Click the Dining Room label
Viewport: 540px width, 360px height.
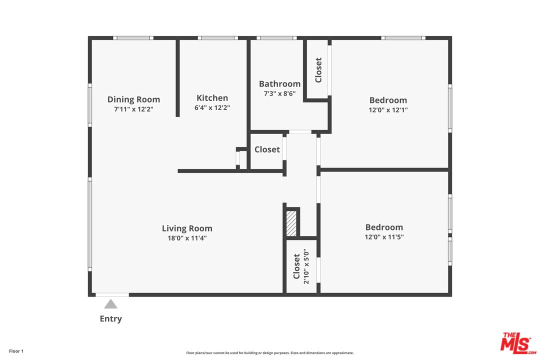(x=133, y=99)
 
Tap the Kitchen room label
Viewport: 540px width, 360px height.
(x=212, y=98)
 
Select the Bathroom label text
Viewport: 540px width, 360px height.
(x=279, y=84)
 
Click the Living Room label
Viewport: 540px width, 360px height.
(x=187, y=228)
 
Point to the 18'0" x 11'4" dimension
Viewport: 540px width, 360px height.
(x=187, y=238)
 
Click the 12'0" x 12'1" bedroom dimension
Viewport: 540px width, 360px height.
(x=388, y=110)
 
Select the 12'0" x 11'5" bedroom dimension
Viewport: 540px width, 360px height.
(x=384, y=237)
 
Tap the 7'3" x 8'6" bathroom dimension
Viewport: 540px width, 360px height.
(x=279, y=93)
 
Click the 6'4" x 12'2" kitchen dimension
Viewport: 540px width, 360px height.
(x=212, y=107)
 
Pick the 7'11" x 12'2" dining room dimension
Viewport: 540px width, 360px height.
(x=133, y=109)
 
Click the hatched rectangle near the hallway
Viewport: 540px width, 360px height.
(x=291, y=223)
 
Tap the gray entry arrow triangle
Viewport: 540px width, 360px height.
(x=111, y=304)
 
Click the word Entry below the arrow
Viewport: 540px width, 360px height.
(x=111, y=318)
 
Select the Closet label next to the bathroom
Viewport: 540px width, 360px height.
(x=318, y=70)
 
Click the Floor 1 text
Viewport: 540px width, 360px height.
(x=16, y=351)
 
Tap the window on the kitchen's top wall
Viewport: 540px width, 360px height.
(x=217, y=38)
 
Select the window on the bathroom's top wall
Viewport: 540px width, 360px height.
(x=276, y=38)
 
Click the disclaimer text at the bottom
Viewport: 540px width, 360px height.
(x=269, y=353)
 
